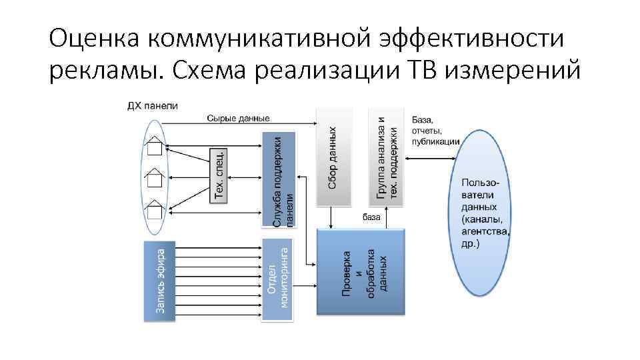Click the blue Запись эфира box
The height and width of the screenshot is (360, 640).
pos(160,281)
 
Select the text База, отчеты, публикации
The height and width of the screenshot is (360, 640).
pos(435,130)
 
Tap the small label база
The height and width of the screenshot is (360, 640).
pos(372,217)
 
